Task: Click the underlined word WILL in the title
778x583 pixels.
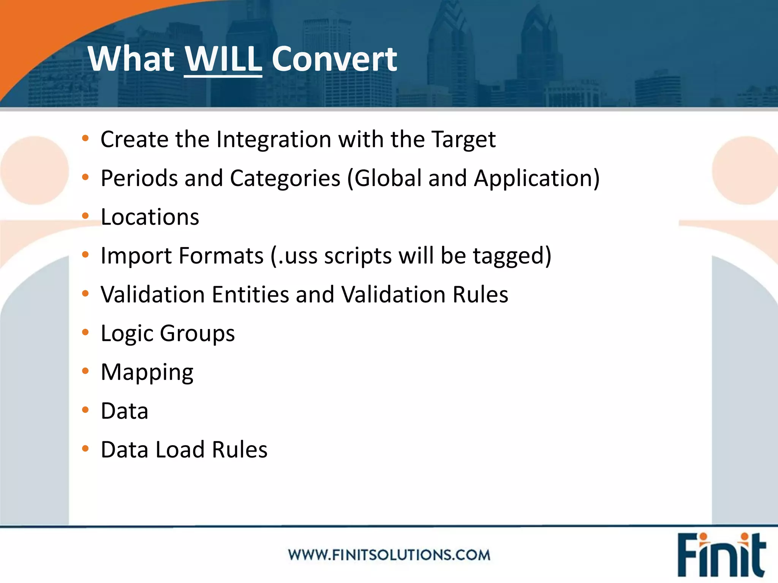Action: click(x=223, y=59)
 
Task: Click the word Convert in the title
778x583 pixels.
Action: click(x=334, y=59)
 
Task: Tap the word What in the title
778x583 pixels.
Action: click(x=131, y=59)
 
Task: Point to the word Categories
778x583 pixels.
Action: click(x=285, y=178)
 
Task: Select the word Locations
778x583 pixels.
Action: click(x=150, y=217)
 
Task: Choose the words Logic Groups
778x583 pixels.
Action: click(x=168, y=333)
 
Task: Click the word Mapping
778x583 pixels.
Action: click(x=147, y=372)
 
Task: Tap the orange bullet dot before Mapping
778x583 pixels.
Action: click(x=85, y=370)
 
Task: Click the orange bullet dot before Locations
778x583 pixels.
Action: click(x=85, y=216)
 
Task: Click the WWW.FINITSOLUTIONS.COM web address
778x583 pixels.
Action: click(x=389, y=555)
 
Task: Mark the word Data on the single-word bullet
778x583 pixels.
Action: click(x=124, y=411)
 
